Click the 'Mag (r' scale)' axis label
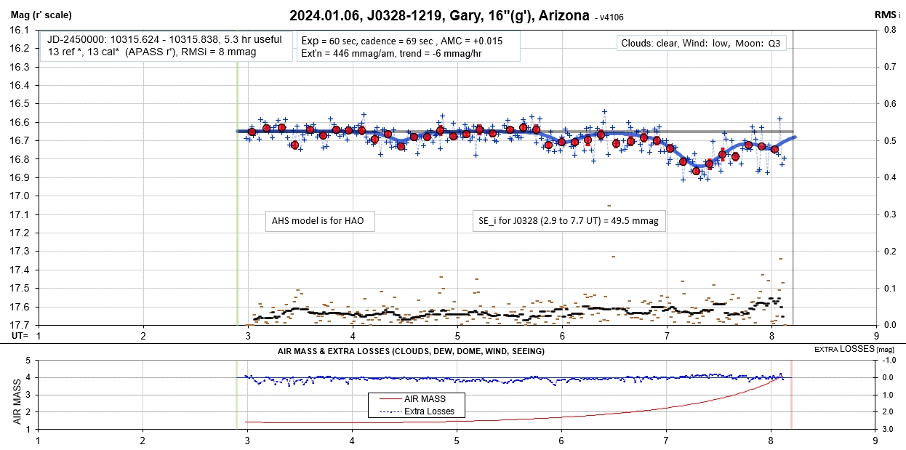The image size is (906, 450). [x=41, y=15]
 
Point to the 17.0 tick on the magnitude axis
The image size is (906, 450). [x=19, y=196]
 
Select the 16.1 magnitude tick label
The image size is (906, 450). [x=19, y=31]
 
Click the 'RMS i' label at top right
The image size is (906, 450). [x=888, y=15]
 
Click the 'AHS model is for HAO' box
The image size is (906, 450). [x=320, y=221]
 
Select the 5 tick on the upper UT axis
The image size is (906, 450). [x=457, y=335]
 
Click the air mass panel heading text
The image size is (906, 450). [x=411, y=351]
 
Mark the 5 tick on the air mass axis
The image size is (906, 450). [x=28, y=361]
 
